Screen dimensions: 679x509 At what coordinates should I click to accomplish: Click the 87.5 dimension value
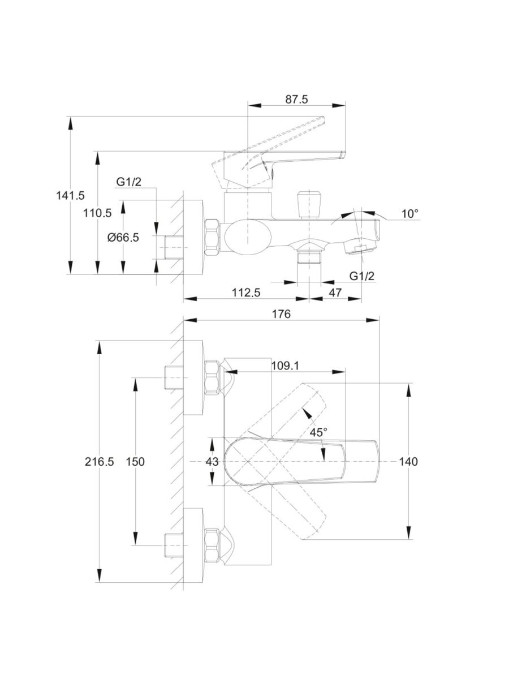click(296, 100)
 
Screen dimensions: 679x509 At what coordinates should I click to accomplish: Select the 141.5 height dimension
click(70, 195)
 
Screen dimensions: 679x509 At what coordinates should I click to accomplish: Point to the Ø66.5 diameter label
click(123, 238)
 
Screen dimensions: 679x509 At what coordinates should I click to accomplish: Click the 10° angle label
click(410, 214)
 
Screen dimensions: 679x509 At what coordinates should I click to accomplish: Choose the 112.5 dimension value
click(246, 293)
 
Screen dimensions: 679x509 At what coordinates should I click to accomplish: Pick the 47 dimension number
click(335, 293)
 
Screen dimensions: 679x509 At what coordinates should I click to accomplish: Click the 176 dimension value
click(281, 314)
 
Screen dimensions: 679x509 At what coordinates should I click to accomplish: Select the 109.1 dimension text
click(284, 366)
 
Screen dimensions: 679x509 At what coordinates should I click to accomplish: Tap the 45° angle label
click(318, 432)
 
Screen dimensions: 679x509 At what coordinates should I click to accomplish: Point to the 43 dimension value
click(212, 462)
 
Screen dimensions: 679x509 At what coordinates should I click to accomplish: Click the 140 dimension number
click(408, 462)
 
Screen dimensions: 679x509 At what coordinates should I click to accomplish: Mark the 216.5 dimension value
click(100, 462)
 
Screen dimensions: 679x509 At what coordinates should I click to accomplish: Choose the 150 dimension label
click(135, 462)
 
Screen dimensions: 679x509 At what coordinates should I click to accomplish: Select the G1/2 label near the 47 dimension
click(362, 276)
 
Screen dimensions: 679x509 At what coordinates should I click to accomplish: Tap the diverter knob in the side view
click(309, 204)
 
